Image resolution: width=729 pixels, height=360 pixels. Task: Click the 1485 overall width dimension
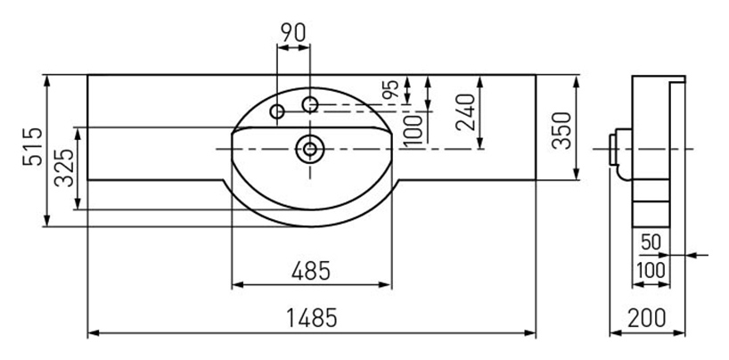pyautogui.click(x=311, y=319)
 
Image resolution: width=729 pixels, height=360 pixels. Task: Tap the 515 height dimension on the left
pyautogui.click(x=33, y=146)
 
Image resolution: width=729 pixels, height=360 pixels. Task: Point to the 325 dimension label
pyautogui.click(x=64, y=168)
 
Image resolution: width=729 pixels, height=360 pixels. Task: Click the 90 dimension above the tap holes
pyautogui.click(x=293, y=33)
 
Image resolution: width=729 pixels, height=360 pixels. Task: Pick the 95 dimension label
pyautogui.click(x=391, y=89)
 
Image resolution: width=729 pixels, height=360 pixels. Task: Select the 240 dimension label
pyautogui.click(x=466, y=112)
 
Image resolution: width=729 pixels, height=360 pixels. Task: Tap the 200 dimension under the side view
pyautogui.click(x=647, y=318)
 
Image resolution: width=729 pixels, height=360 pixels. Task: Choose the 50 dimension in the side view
pyautogui.click(x=651, y=242)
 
